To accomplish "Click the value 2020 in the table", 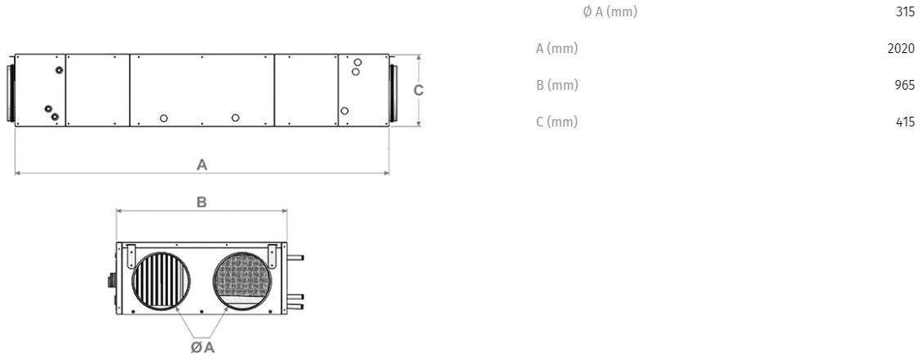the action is coord(901,48).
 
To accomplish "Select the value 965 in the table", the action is coord(904,85).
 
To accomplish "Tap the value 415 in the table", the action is coord(904,122).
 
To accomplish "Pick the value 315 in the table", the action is coord(904,11).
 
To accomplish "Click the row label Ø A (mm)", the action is coord(609,11).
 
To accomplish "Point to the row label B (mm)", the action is coord(556,85).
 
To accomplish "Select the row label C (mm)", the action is coord(556,122).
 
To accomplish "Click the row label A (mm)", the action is coord(556,48).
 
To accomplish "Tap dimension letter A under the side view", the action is coord(202,165).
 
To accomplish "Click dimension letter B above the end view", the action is coord(201,202).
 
